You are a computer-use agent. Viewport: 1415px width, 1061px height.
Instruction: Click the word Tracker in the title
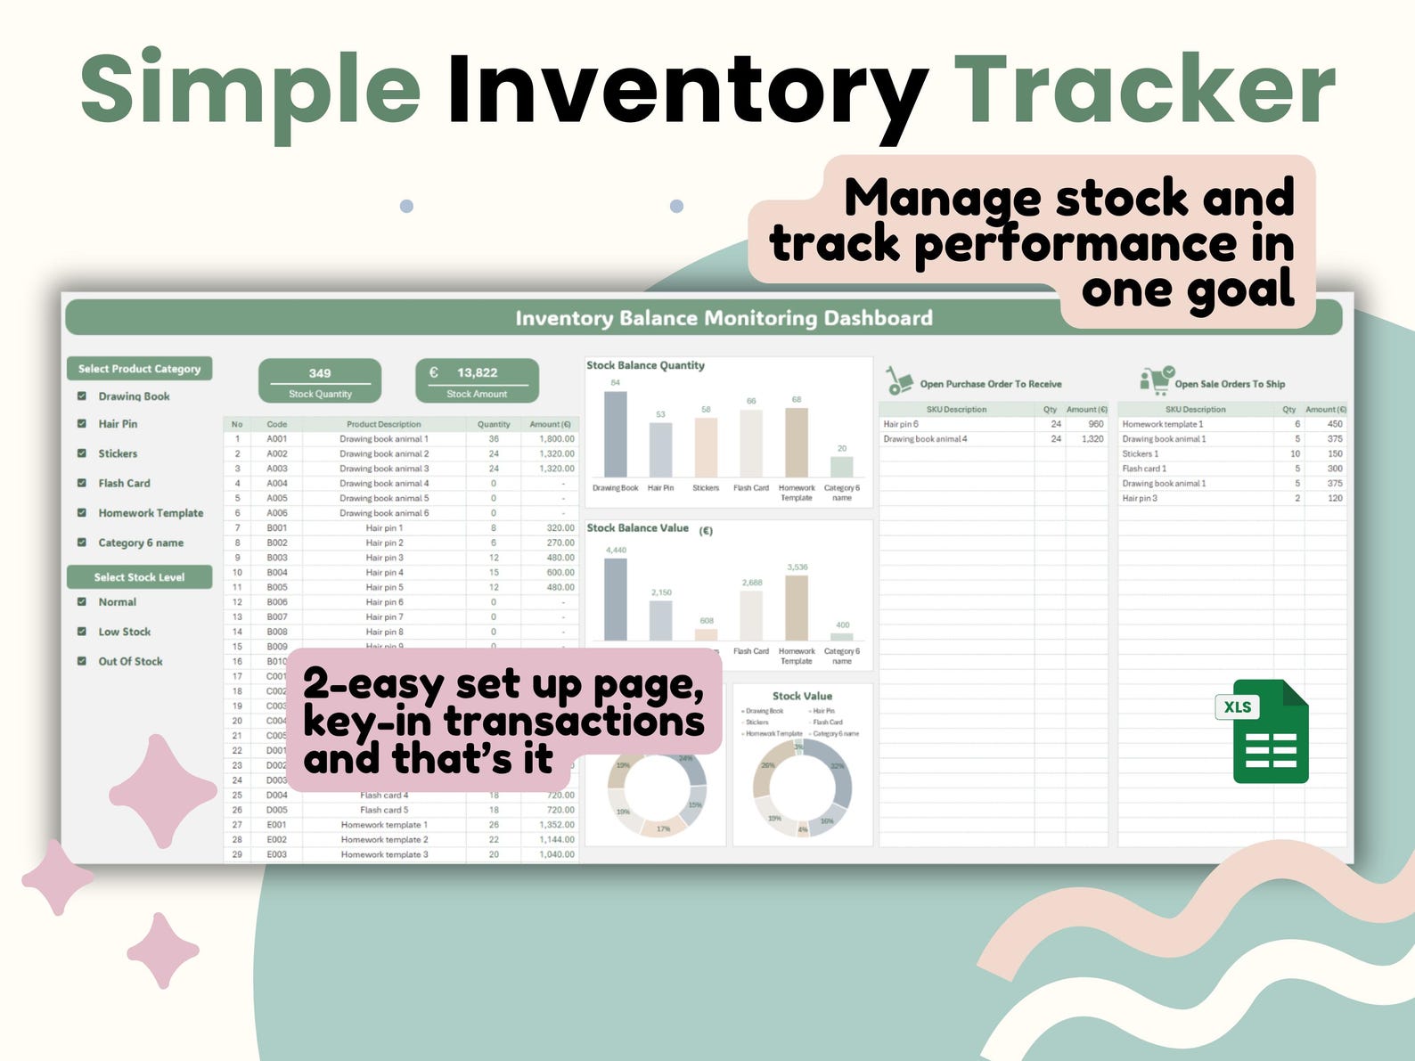point(1144,89)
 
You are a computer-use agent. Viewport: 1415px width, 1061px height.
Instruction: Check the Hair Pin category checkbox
point(82,424)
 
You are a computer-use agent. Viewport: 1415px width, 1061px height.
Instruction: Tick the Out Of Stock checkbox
point(82,661)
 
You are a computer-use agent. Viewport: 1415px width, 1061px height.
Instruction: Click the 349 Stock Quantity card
point(320,381)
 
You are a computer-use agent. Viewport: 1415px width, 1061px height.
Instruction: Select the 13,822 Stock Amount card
point(477,381)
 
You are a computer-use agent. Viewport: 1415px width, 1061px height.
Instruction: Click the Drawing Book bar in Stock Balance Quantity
point(615,434)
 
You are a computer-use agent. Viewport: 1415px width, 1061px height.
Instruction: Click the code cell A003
point(277,469)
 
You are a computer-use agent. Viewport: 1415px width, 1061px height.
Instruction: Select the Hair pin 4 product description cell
point(384,573)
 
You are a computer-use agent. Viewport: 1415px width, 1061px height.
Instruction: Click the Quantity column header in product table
point(494,424)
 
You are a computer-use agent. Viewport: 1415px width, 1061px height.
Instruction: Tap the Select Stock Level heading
point(139,577)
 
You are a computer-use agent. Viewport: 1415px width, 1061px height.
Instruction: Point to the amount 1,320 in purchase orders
point(1092,439)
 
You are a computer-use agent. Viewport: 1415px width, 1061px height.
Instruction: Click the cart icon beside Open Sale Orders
point(1157,381)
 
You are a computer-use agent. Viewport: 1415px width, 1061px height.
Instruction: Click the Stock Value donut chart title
point(802,696)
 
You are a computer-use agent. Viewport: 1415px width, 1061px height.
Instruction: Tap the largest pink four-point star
point(162,790)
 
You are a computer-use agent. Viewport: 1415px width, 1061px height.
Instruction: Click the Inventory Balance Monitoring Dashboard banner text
point(724,318)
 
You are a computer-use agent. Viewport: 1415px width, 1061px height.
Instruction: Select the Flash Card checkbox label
point(124,483)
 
